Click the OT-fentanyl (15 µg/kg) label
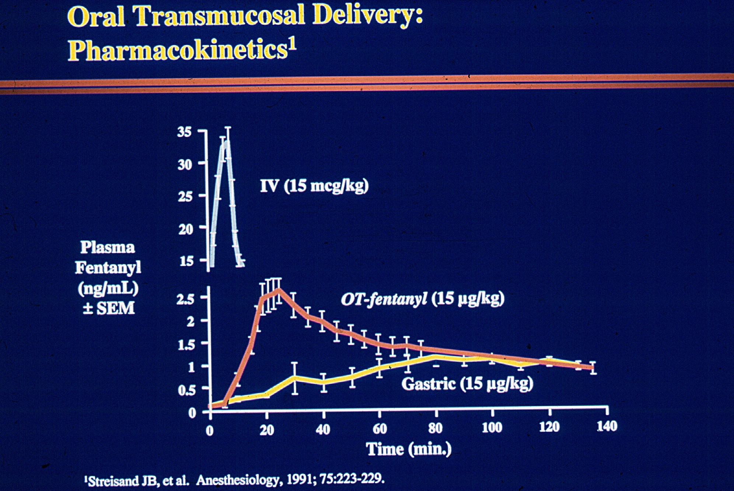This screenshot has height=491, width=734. click(x=422, y=299)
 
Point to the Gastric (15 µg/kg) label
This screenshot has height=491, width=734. click(x=467, y=384)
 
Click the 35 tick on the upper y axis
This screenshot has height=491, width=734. click(x=184, y=132)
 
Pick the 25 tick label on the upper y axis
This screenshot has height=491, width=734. click(x=185, y=196)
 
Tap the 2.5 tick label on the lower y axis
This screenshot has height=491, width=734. click(x=185, y=299)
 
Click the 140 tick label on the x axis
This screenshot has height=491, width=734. click(x=607, y=427)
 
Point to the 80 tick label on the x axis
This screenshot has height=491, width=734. click(x=435, y=428)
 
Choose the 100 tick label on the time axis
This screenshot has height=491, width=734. click(x=492, y=428)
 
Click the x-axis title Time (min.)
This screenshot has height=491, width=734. click(x=409, y=449)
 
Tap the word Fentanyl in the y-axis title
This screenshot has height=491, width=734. click(x=108, y=267)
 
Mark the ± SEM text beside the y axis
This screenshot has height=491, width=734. click(x=108, y=308)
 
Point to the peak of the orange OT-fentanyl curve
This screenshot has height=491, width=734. click(x=279, y=290)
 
